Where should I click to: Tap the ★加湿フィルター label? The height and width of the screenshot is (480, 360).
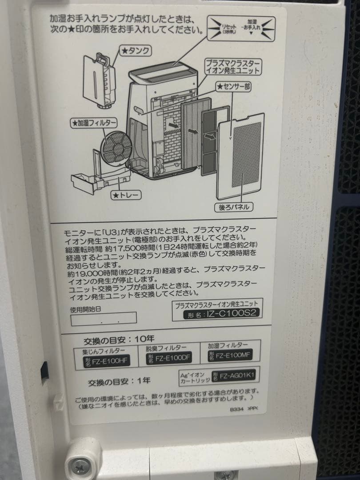[x=94, y=123]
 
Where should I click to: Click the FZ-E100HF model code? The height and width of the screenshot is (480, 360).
[x=107, y=360]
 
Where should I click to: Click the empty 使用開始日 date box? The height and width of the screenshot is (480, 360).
[x=103, y=317]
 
